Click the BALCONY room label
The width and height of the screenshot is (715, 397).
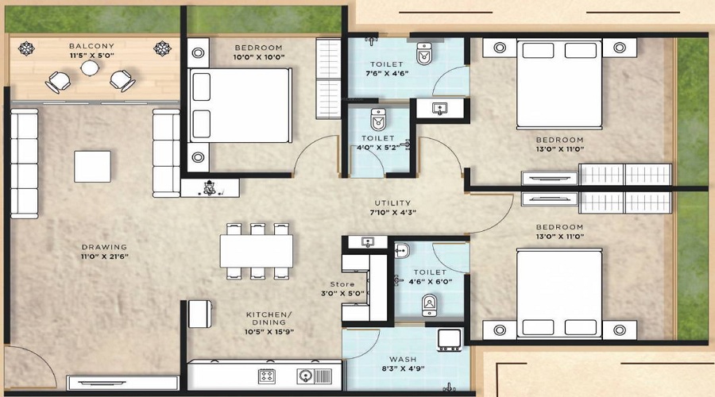(91, 46)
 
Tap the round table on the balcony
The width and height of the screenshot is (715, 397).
(91, 69)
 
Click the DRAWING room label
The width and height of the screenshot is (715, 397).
(99, 246)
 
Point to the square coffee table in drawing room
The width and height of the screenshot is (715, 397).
(93, 166)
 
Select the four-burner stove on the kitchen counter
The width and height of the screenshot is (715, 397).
(266, 375)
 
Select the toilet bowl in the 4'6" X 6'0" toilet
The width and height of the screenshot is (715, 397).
(429, 303)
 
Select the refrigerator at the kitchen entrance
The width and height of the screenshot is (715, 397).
(199, 313)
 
